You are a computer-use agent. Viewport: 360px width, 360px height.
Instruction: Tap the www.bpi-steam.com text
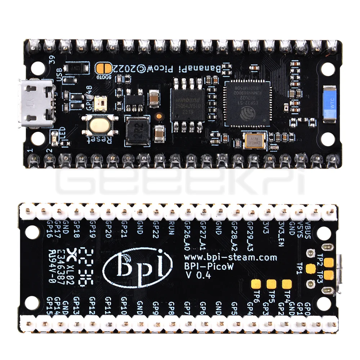tap(231, 257)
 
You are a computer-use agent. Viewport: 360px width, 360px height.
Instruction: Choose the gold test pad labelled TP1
tap(310, 268)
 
